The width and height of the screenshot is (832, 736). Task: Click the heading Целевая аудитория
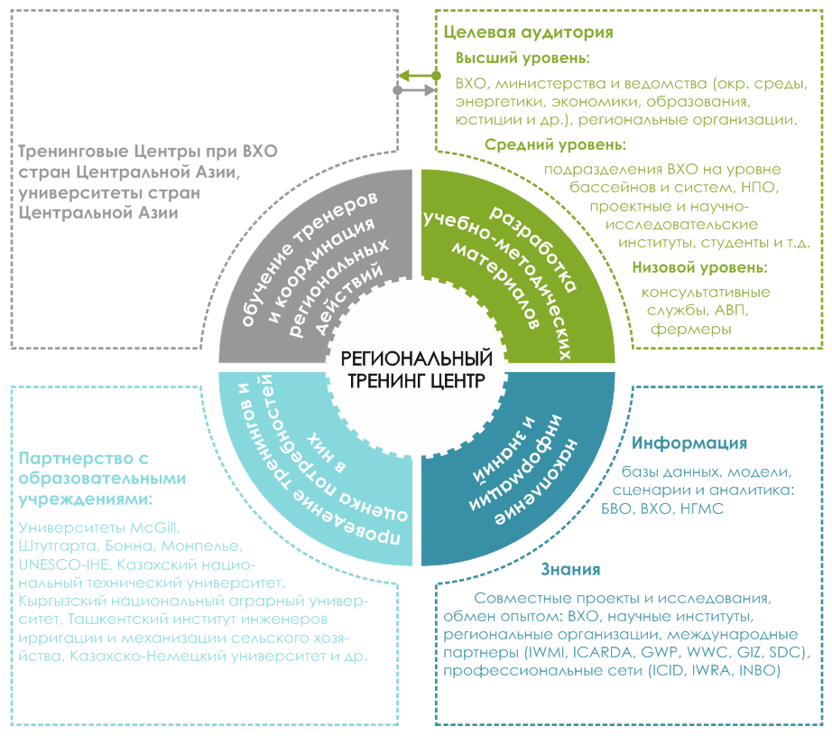529,33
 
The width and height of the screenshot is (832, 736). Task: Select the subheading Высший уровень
522,58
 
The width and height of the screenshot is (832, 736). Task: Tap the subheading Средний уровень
555,144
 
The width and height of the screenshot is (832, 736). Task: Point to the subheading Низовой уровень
699,267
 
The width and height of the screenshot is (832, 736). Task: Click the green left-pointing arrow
416,76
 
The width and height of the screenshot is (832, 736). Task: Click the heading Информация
689,443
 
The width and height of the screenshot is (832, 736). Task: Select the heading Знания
570,570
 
